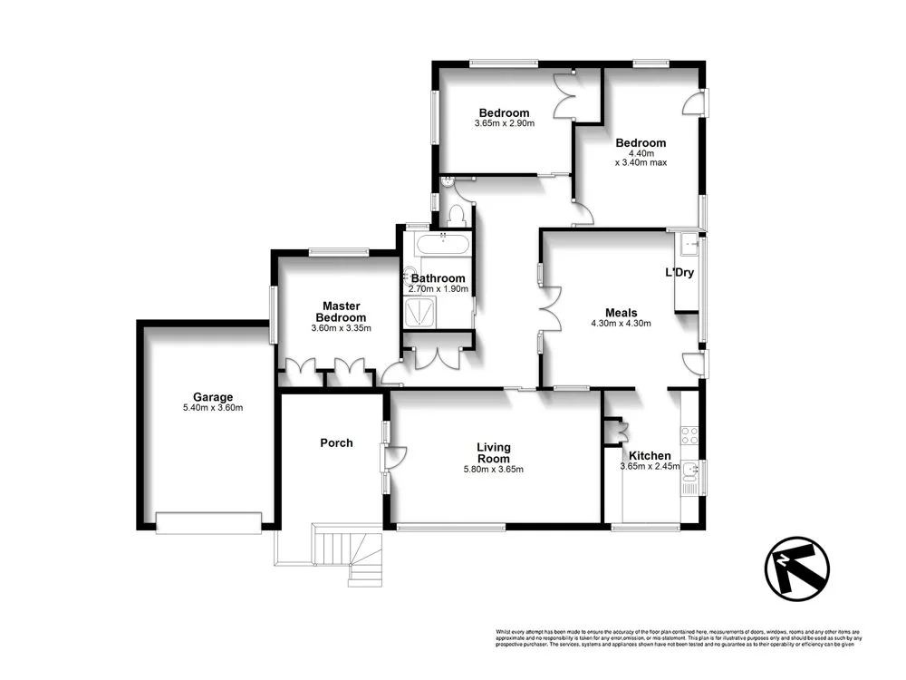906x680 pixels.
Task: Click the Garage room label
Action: click(213, 397)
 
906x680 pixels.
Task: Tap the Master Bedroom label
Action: click(341, 312)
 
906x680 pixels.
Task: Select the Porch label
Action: click(336, 443)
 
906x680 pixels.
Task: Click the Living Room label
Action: click(494, 452)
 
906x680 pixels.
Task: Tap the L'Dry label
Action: click(679, 273)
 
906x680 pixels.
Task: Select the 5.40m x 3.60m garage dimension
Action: click(213, 408)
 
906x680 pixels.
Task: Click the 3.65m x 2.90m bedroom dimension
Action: click(504, 123)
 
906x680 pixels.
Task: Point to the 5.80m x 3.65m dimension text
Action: click(494, 469)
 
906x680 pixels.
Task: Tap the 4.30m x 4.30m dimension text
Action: click(621, 323)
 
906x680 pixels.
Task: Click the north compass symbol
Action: click(796, 568)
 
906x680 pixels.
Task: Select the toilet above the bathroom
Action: click(458, 215)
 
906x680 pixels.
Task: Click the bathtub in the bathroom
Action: click(442, 245)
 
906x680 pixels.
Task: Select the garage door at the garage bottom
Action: click(208, 520)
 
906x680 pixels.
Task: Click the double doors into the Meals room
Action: click(549, 307)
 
